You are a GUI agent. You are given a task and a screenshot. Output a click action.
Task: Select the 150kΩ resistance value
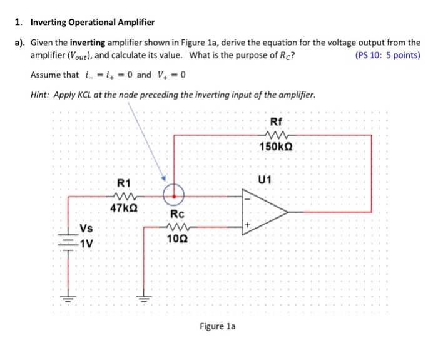(x=276, y=147)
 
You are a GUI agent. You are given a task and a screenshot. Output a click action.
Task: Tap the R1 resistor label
(x=124, y=183)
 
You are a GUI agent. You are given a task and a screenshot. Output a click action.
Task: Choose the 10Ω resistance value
(x=177, y=239)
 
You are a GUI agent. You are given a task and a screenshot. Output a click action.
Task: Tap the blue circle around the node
(x=173, y=195)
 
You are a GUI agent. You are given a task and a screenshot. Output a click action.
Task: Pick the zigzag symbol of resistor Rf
(x=276, y=133)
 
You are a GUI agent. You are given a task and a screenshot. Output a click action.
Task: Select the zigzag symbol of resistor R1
(x=124, y=195)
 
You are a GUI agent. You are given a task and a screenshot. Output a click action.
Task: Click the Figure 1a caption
(x=218, y=326)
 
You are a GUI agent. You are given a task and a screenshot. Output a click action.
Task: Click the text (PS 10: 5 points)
(x=387, y=55)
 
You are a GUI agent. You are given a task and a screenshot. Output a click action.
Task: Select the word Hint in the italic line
(x=41, y=95)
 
